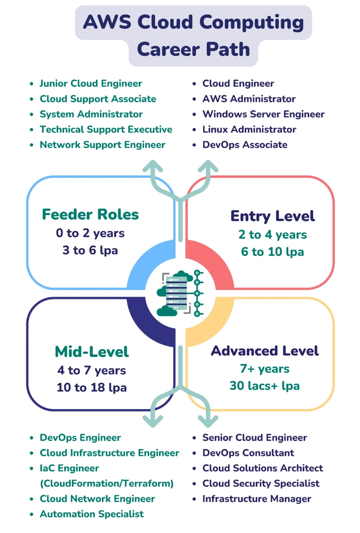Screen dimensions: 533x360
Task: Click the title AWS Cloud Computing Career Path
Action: pyautogui.click(x=194, y=35)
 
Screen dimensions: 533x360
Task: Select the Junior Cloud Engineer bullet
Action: pyautogui.click(x=91, y=83)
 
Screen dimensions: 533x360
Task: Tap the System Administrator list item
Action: pyautogui.click(x=91, y=114)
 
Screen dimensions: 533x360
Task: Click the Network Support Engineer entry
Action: pyautogui.click(x=102, y=145)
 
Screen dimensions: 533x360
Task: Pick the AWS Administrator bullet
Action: pyautogui.click(x=249, y=99)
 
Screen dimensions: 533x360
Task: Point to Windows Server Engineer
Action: pyautogui.click(x=263, y=114)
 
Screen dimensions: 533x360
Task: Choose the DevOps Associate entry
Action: pyautogui.click(x=245, y=145)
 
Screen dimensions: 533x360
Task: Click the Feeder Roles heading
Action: pyautogui.click(x=90, y=214)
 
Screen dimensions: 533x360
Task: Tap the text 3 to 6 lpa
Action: pyautogui.click(x=90, y=250)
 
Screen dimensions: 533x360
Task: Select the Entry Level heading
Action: pyautogui.click(x=272, y=216)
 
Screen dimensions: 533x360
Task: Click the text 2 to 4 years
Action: pyautogui.click(x=272, y=235)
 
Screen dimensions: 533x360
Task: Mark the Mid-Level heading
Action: pyautogui.click(x=92, y=352)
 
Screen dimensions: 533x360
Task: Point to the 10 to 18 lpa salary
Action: pyautogui.click(x=92, y=387)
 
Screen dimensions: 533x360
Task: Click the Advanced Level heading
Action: pyautogui.click(x=265, y=351)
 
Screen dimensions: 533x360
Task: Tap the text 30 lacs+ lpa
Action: pyautogui.click(x=264, y=386)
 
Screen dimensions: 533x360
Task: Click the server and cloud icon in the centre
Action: pyautogui.click(x=180, y=293)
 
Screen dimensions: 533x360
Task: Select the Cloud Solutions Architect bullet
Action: pyautogui.click(x=263, y=468)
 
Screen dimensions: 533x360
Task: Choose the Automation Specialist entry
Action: pyautogui.click(x=92, y=514)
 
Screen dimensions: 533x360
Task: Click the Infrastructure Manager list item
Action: pyautogui.click(x=257, y=499)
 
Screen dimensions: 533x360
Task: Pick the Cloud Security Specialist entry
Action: pyautogui.click(x=261, y=484)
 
